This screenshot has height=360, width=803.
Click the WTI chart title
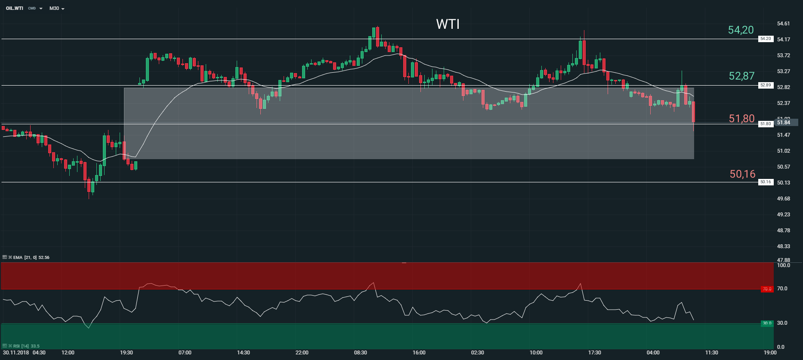click(448, 24)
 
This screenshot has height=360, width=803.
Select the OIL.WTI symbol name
click(15, 8)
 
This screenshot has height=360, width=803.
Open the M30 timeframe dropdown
click(57, 8)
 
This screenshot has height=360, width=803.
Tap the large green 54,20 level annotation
click(741, 30)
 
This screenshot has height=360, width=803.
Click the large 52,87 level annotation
click(741, 76)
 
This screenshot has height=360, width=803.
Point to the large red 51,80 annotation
click(741, 119)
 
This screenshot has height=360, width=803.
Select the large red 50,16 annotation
click(742, 174)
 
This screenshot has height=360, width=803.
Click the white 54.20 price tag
click(765, 39)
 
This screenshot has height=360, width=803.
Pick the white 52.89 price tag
click(765, 85)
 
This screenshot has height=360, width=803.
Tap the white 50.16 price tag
click(765, 182)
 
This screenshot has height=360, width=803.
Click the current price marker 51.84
click(783, 123)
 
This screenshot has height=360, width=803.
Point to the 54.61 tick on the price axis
click(783, 24)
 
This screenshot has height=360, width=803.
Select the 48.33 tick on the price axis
click(783, 246)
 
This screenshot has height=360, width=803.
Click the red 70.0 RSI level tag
click(767, 289)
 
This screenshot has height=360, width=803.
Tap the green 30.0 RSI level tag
click(767, 323)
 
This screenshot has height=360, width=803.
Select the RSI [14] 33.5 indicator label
click(26, 346)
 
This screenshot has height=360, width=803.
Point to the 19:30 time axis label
click(126, 353)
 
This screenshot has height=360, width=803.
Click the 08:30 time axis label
click(360, 353)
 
